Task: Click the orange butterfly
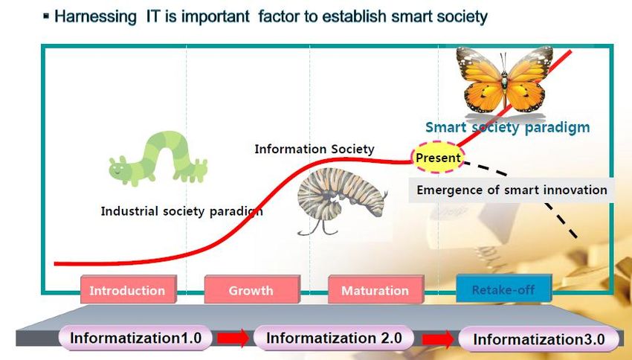point(505,80)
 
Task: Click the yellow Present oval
point(438,157)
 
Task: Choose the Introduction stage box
point(128,289)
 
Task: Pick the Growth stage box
point(252,289)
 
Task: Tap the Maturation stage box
point(375,289)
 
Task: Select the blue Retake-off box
point(503,289)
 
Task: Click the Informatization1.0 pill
point(135,338)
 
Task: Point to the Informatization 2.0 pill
point(334,338)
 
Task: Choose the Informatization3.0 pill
point(539,339)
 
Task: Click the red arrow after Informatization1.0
point(233,338)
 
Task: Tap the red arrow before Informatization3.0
point(438,339)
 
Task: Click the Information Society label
point(315,150)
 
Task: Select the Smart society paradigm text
point(507,127)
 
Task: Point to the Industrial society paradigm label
point(181,211)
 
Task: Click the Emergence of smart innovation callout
point(512,190)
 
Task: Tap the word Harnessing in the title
point(95,17)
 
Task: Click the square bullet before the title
point(46,16)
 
